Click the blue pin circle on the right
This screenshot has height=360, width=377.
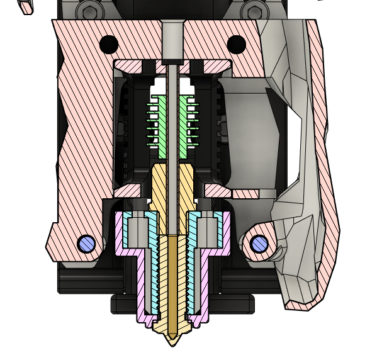258,244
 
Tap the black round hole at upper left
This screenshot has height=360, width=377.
109,44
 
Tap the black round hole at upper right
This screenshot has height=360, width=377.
236,44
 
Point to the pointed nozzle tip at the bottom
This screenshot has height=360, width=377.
171,340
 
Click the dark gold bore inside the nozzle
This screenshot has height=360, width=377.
172,277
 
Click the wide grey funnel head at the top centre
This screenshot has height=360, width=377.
171,28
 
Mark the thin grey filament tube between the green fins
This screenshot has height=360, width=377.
172,120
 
